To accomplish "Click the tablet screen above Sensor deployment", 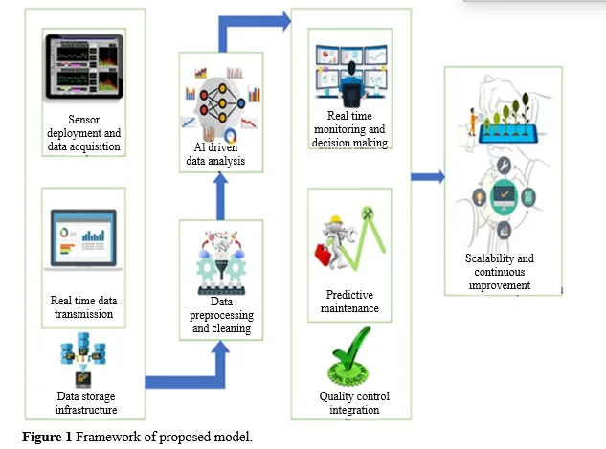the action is pyautogui.click(x=84, y=66).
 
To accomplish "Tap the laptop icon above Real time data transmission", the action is pyautogui.click(x=83, y=239).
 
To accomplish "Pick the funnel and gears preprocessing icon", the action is pyautogui.click(x=221, y=263).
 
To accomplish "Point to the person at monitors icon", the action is pyautogui.click(x=351, y=76).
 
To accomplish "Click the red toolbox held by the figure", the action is pyautogui.click(x=323, y=254).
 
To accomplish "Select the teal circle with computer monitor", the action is pyautogui.click(x=504, y=196).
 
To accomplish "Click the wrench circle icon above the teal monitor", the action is pyautogui.click(x=504, y=166).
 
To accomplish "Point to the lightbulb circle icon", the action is pyautogui.click(x=480, y=197).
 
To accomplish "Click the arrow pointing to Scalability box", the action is pyautogui.click(x=427, y=177).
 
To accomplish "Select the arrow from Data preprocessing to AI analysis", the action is pyautogui.click(x=220, y=196).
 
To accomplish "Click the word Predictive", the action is pyautogui.click(x=349, y=295).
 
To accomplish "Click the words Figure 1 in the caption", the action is pyautogui.click(x=47, y=437).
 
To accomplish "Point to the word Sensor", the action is pyautogui.click(x=84, y=120).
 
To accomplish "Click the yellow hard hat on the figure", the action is pyautogui.click(x=335, y=220).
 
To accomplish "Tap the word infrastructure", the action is pyautogui.click(x=86, y=410).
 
